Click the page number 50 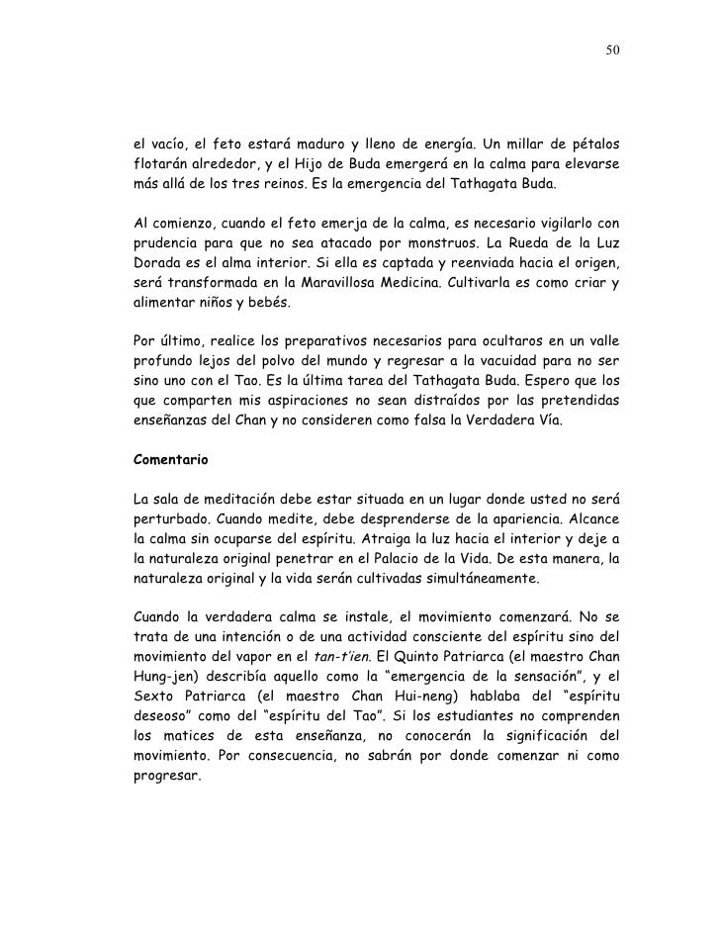[614, 49]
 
